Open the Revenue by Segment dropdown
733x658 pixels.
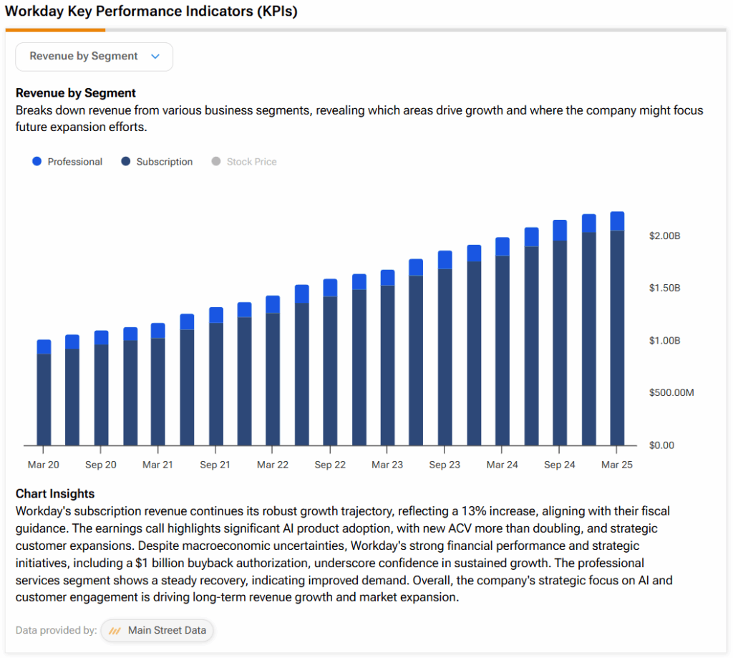click(x=94, y=57)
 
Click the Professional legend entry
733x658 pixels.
click(x=68, y=162)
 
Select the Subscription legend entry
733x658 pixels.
click(x=157, y=162)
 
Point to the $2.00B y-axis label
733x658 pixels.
click(x=664, y=236)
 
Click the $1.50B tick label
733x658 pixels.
click(x=664, y=288)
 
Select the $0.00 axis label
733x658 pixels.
click(x=661, y=445)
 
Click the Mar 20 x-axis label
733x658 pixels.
click(x=44, y=465)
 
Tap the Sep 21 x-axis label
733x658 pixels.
click(x=215, y=465)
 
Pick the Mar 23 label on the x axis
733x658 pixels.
click(x=387, y=465)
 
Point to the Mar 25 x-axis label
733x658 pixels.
click(x=617, y=465)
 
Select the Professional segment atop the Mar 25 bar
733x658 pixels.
click(x=617, y=221)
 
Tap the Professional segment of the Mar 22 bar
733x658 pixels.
click(x=273, y=304)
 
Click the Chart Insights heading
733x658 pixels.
click(x=55, y=493)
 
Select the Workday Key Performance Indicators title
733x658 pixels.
click(x=151, y=11)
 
